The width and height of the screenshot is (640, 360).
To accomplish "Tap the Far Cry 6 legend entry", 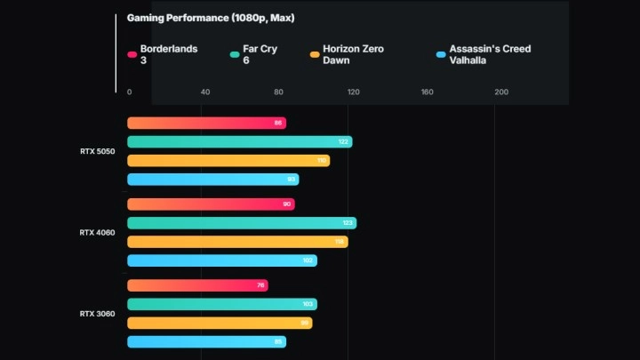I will point(260,54).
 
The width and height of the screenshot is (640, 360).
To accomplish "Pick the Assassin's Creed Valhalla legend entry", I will point(489,54).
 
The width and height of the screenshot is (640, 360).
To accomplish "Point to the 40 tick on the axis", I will point(205,92).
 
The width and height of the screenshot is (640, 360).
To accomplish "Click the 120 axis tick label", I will point(353,92).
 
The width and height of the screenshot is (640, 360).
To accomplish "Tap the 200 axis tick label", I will point(501,92).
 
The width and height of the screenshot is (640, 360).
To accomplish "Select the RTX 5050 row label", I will point(97,151).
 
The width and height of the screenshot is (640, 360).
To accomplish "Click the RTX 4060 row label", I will point(97,233).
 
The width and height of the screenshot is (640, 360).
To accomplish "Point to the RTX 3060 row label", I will point(97,314).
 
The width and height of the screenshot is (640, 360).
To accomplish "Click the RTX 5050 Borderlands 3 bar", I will point(206,123).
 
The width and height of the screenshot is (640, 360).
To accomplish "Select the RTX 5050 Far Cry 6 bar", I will point(239,142).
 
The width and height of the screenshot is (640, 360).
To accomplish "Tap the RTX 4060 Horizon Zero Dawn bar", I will point(237,242).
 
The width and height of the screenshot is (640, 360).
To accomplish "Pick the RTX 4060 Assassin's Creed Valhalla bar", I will point(221,260).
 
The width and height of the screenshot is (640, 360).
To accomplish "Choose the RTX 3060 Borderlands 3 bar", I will point(197,285).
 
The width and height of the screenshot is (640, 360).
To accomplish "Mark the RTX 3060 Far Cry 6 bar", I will point(221,304).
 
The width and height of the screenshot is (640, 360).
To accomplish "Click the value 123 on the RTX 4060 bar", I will point(348,223).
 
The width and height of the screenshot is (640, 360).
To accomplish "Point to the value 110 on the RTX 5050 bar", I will point(322,161).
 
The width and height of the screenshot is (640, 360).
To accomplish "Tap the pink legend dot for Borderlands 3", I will point(132,54).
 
